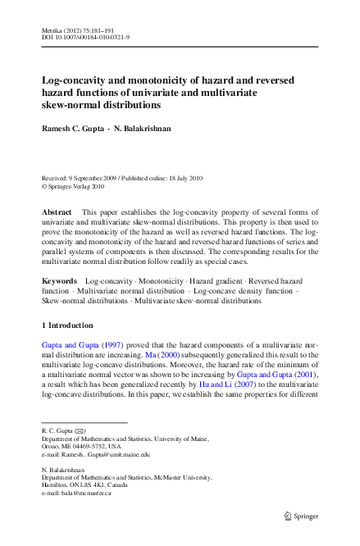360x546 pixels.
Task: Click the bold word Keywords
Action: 59,281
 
